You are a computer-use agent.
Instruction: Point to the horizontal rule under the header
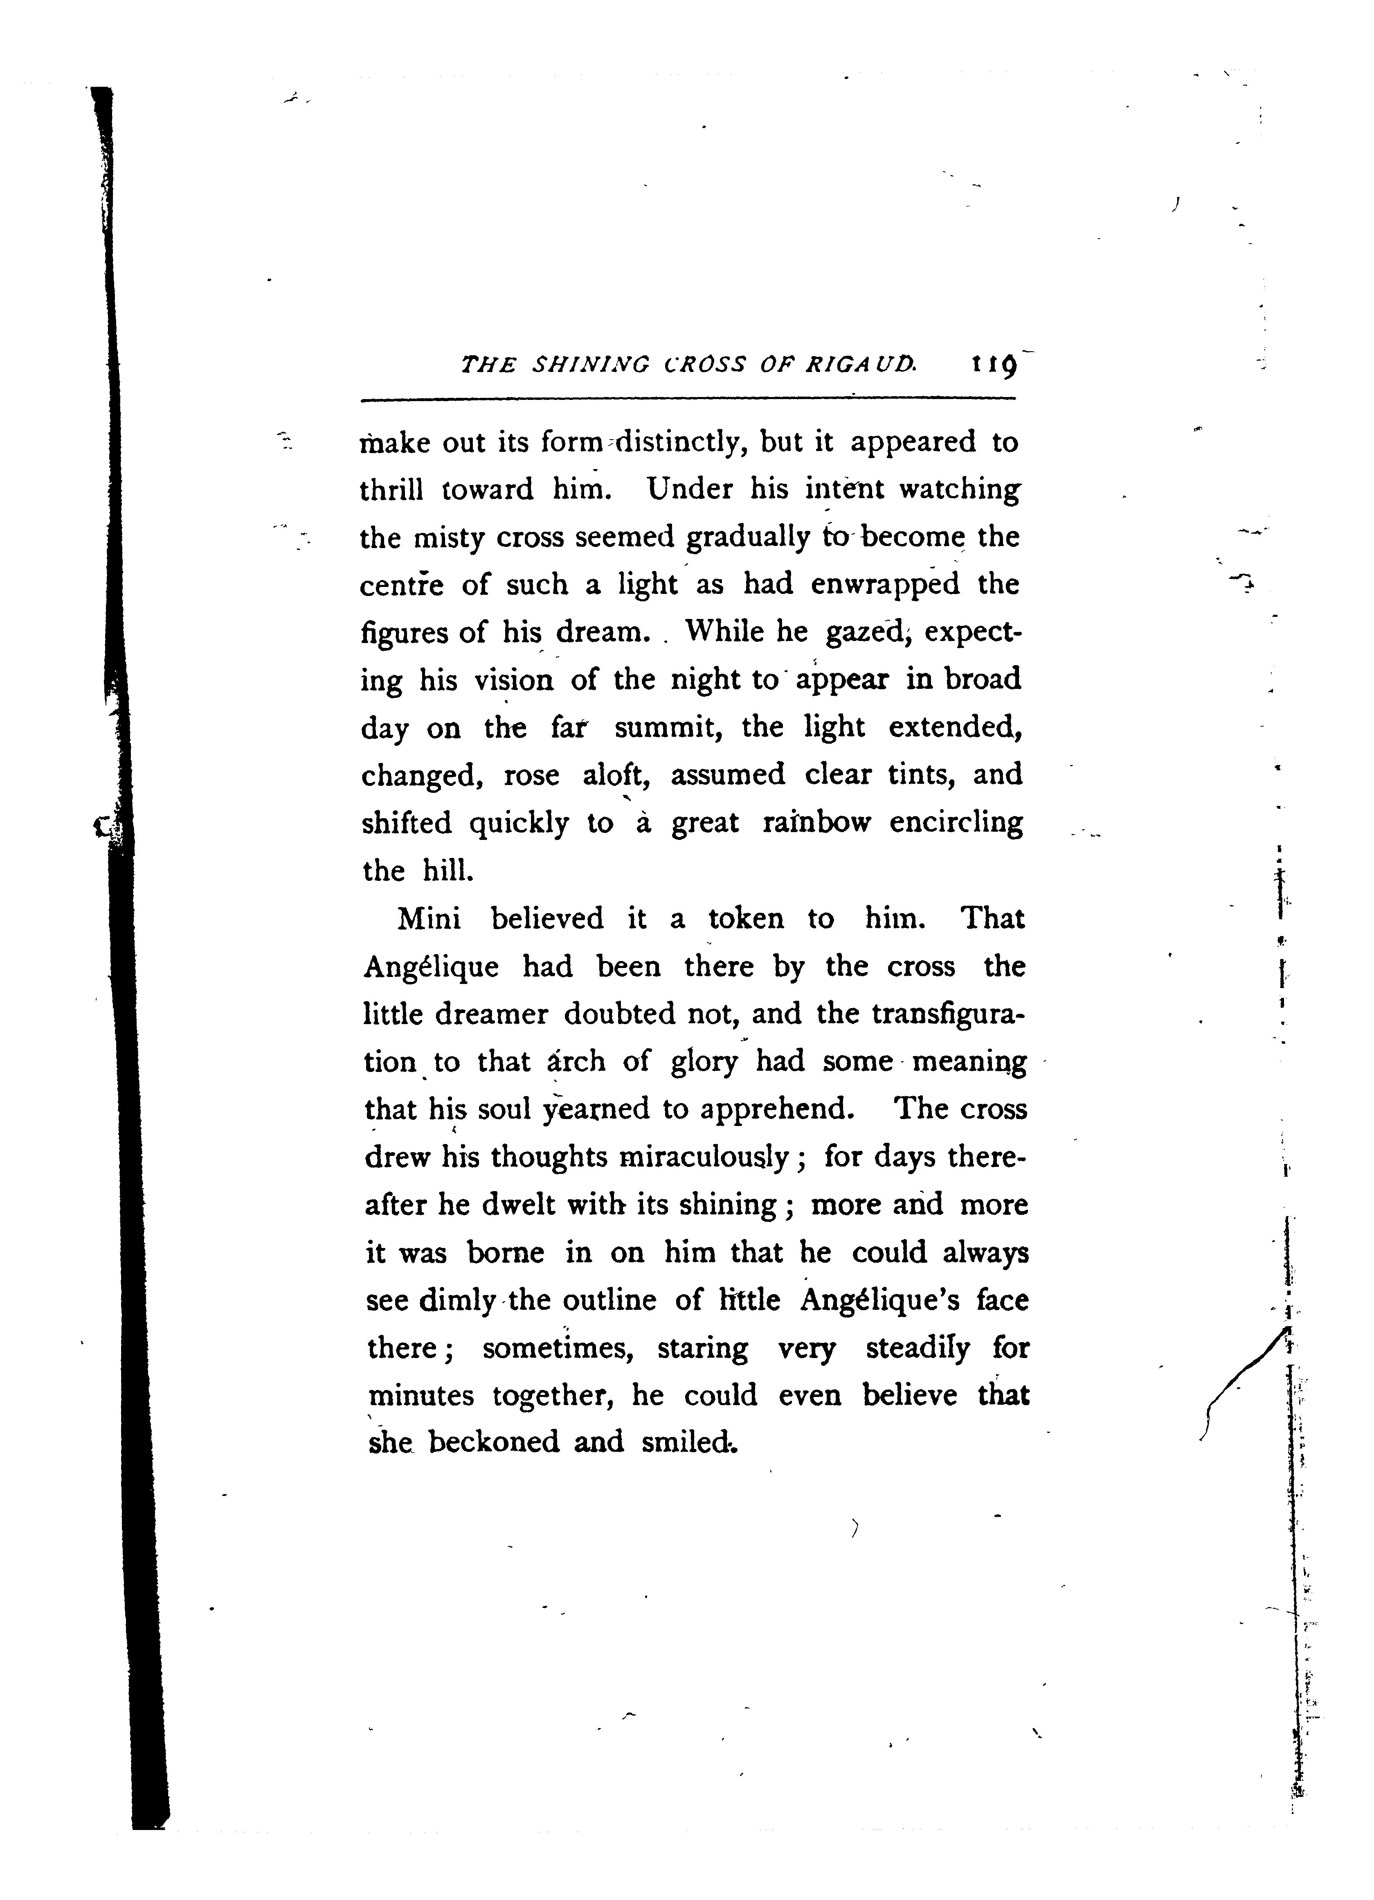[x=686, y=399]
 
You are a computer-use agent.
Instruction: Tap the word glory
[x=705, y=1062]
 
